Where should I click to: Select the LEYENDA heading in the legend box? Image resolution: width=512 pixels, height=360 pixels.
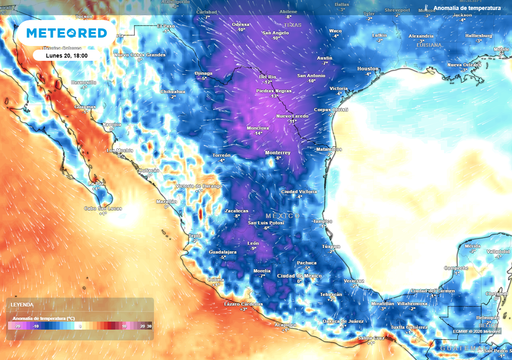[x=23, y=303]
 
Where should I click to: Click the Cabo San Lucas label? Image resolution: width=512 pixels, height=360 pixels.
[x=102, y=208]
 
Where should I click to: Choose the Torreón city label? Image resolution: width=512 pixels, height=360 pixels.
[x=224, y=157]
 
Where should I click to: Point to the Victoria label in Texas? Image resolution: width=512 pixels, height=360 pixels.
[x=339, y=87]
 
